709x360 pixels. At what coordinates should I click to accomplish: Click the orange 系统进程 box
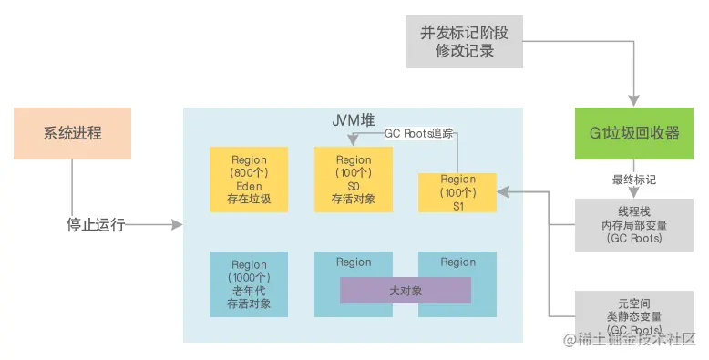[72, 133]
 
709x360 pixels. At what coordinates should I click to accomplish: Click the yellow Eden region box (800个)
[249, 180]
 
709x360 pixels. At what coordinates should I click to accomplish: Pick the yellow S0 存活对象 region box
[354, 180]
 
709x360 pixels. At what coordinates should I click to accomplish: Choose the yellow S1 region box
[457, 192]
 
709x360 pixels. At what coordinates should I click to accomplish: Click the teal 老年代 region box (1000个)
[249, 284]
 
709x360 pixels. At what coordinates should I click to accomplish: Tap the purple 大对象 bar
[406, 291]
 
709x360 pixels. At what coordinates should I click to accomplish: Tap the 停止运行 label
[96, 224]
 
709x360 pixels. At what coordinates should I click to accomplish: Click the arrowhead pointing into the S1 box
[503, 192]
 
